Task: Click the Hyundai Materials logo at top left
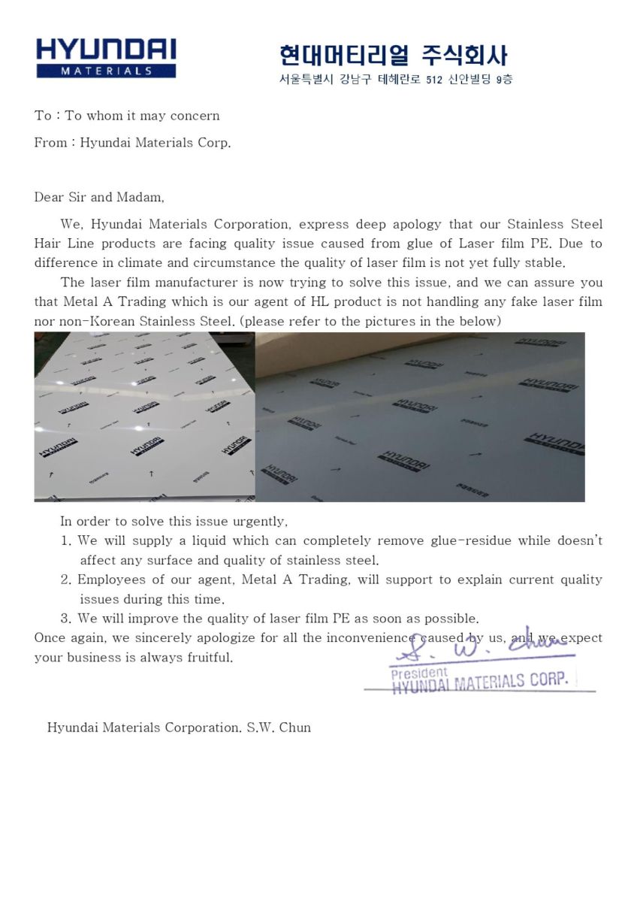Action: (106, 58)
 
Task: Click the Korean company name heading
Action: (393, 55)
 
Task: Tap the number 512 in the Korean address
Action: (433, 80)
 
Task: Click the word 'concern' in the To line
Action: (195, 116)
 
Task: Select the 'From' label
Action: (50, 143)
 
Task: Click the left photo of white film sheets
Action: (144, 416)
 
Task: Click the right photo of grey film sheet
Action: (420, 416)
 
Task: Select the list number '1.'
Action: (66, 540)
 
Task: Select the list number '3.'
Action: (66, 619)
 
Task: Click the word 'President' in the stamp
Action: (418, 672)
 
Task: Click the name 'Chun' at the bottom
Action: (295, 727)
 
